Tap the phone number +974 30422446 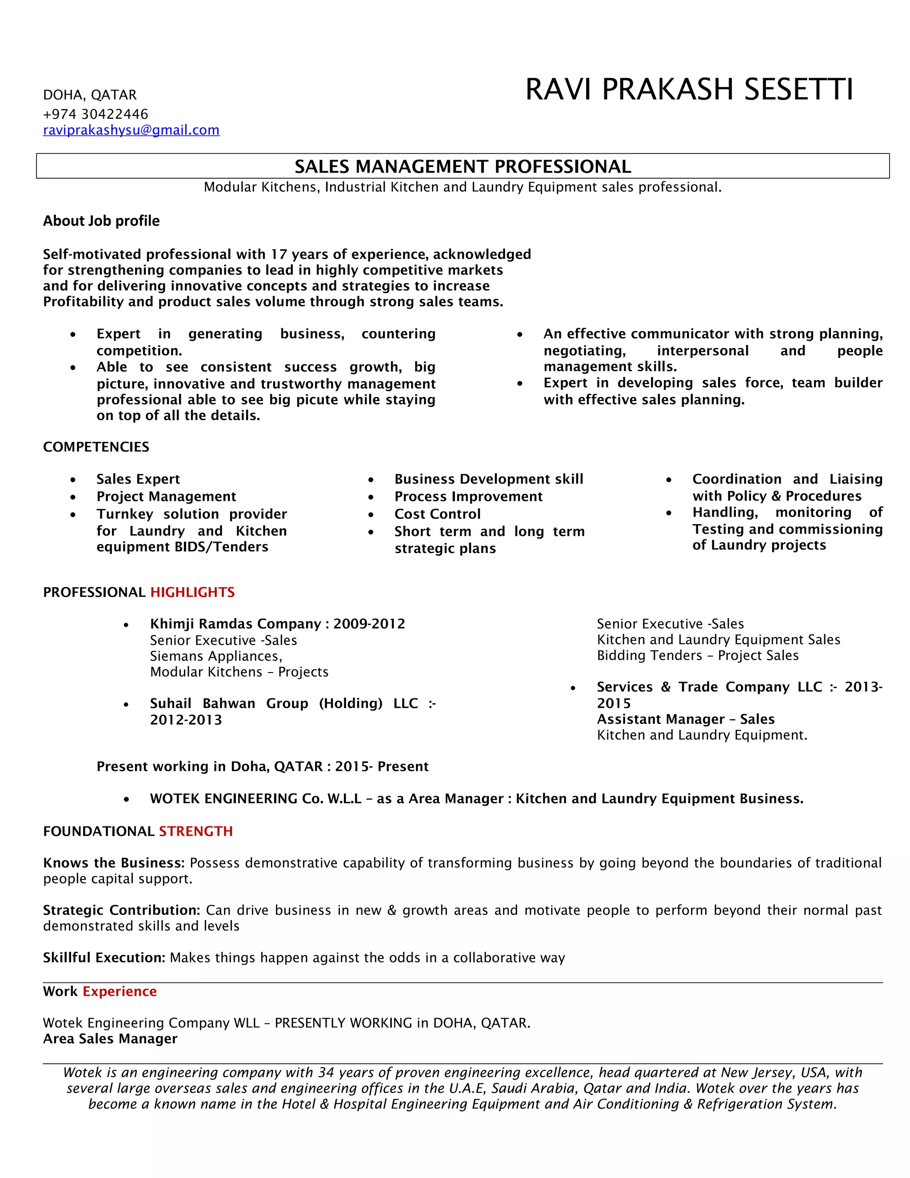coord(96,114)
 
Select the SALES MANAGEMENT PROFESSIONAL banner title coord(463,166)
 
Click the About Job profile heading coord(101,220)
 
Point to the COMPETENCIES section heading coord(96,447)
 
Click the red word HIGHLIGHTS coord(192,592)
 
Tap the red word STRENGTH coord(196,831)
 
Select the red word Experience coord(120,991)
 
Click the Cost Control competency coord(437,513)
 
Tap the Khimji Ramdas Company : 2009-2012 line coord(277,624)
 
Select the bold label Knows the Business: coord(114,863)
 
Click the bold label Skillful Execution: coord(104,958)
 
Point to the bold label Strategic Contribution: coord(121,910)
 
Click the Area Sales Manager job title coord(110,1039)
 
